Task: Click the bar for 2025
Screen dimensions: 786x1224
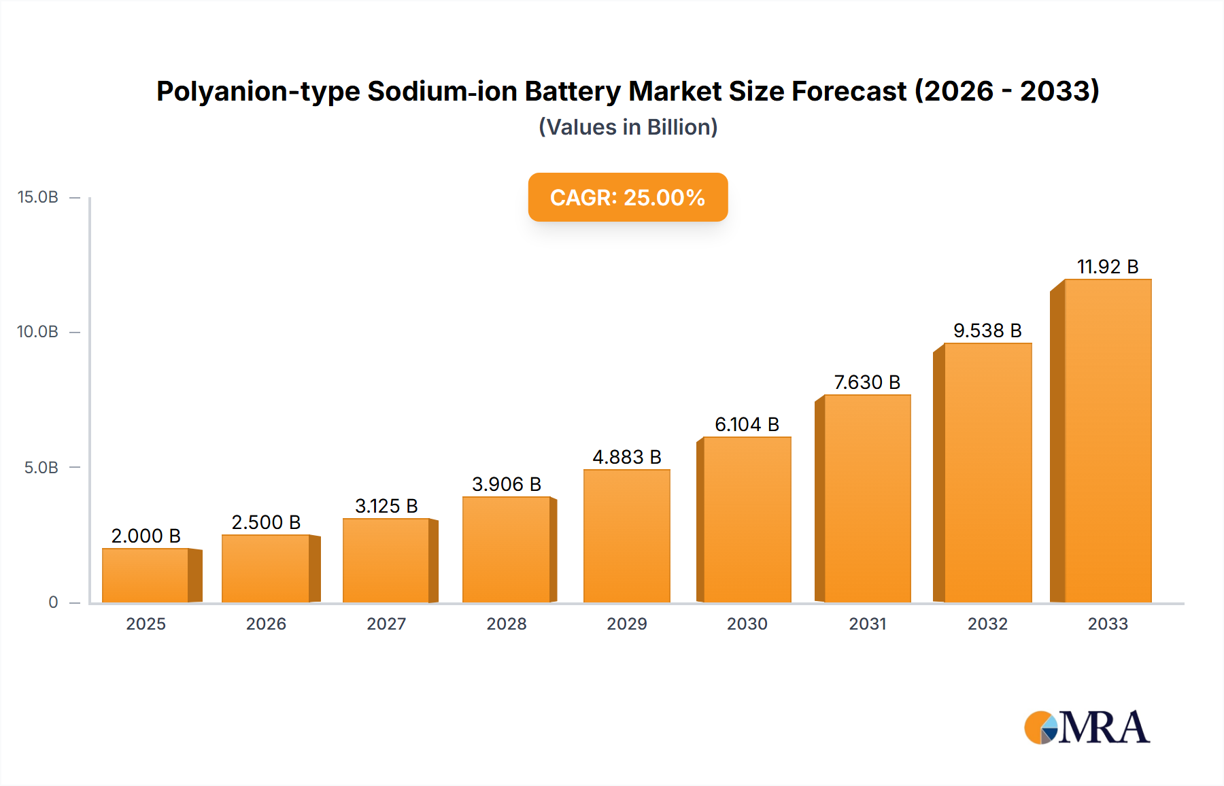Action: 146,575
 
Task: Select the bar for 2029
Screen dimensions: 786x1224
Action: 626,536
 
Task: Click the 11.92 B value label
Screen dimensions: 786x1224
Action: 1107,267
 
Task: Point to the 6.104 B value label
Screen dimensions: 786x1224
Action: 747,424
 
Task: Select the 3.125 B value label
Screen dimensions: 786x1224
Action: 386,506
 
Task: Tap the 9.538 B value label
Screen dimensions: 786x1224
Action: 987,330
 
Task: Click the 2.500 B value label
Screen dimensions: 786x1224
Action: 266,522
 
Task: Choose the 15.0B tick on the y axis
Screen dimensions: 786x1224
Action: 38,197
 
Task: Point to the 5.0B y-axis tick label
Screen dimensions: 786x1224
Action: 41,468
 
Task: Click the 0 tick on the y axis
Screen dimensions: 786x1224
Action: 53,602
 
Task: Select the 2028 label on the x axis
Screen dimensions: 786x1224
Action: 507,624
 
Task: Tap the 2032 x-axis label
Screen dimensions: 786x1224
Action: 987,624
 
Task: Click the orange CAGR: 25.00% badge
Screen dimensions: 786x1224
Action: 628,197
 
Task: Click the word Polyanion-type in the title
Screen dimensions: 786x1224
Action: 258,91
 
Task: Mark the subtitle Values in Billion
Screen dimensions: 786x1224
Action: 628,127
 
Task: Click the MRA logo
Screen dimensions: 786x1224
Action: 1087,728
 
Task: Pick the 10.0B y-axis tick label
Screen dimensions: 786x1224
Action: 38,332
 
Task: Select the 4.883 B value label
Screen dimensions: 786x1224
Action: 626,457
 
